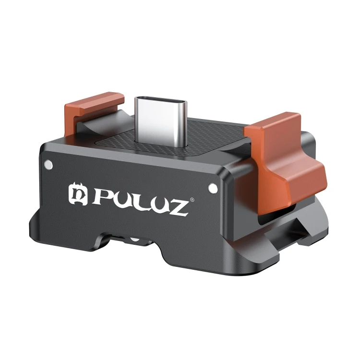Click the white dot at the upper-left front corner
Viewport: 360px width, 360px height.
pos(47,165)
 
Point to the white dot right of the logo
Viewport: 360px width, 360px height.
pos(211,186)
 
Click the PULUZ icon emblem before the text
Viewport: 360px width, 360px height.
pos(78,193)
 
